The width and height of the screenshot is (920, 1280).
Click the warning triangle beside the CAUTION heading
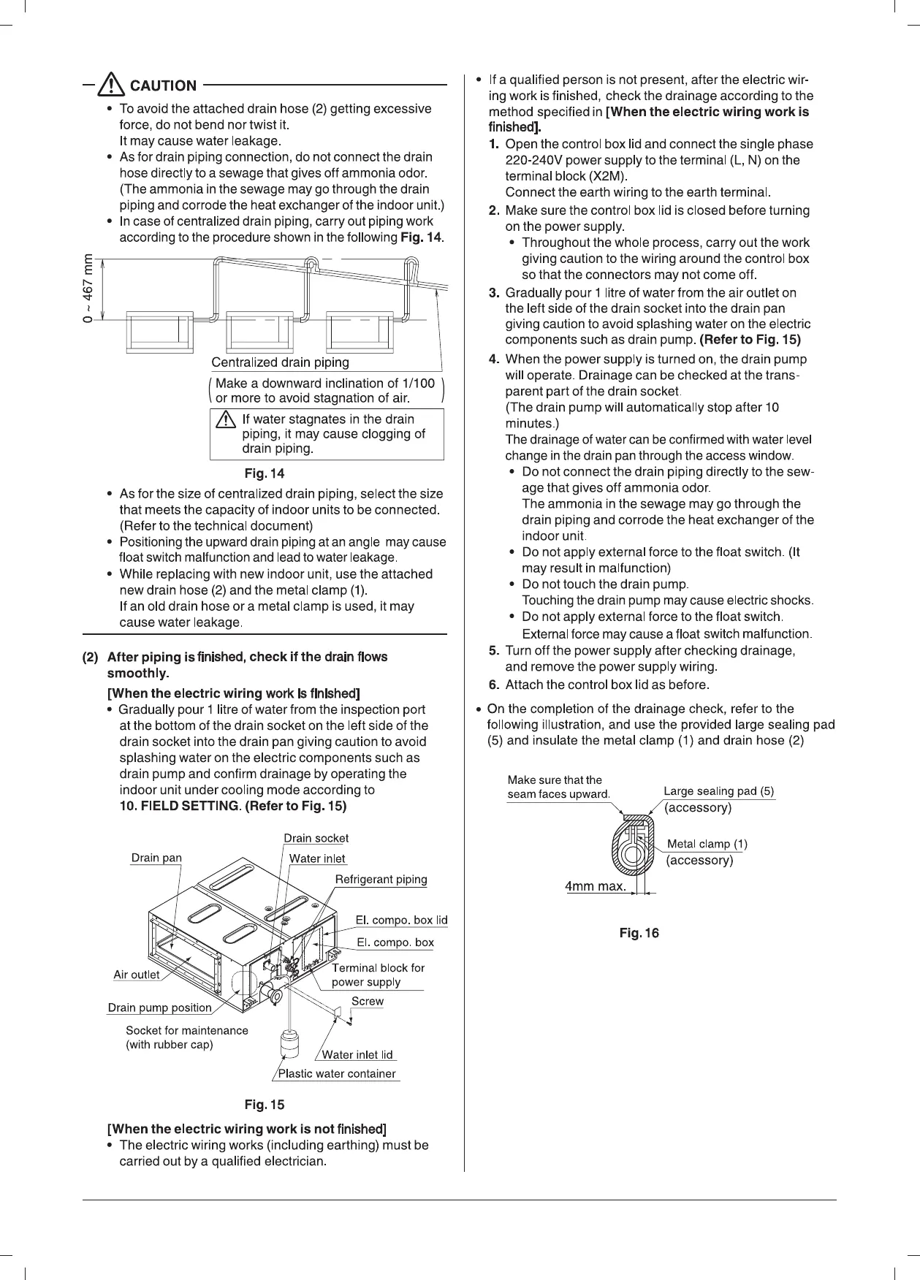(x=112, y=85)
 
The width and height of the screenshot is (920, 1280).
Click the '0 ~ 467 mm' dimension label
(x=88, y=288)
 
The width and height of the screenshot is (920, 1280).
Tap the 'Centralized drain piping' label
(x=280, y=362)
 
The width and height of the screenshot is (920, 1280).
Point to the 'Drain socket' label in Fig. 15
(x=316, y=838)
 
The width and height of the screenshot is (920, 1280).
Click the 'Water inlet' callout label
(x=317, y=858)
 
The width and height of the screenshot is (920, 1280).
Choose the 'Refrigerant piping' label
(x=381, y=879)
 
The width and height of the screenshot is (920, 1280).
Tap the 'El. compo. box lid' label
(x=401, y=920)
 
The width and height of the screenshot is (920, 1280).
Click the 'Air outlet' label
(x=137, y=975)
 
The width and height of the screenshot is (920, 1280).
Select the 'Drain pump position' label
(x=160, y=1008)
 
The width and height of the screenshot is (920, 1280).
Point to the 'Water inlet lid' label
(x=357, y=1054)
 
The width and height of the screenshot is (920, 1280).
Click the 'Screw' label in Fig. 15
(x=367, y=1001)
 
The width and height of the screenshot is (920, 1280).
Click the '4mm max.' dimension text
(x=596, y=886)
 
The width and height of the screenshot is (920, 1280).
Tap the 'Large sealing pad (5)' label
(x=718, y=791)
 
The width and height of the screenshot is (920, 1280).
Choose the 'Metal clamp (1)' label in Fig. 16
(x=707, y=845)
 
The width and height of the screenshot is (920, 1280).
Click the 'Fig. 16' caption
(x=639, y=933)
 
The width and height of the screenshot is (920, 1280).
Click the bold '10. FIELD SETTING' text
(x=179, y=807)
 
